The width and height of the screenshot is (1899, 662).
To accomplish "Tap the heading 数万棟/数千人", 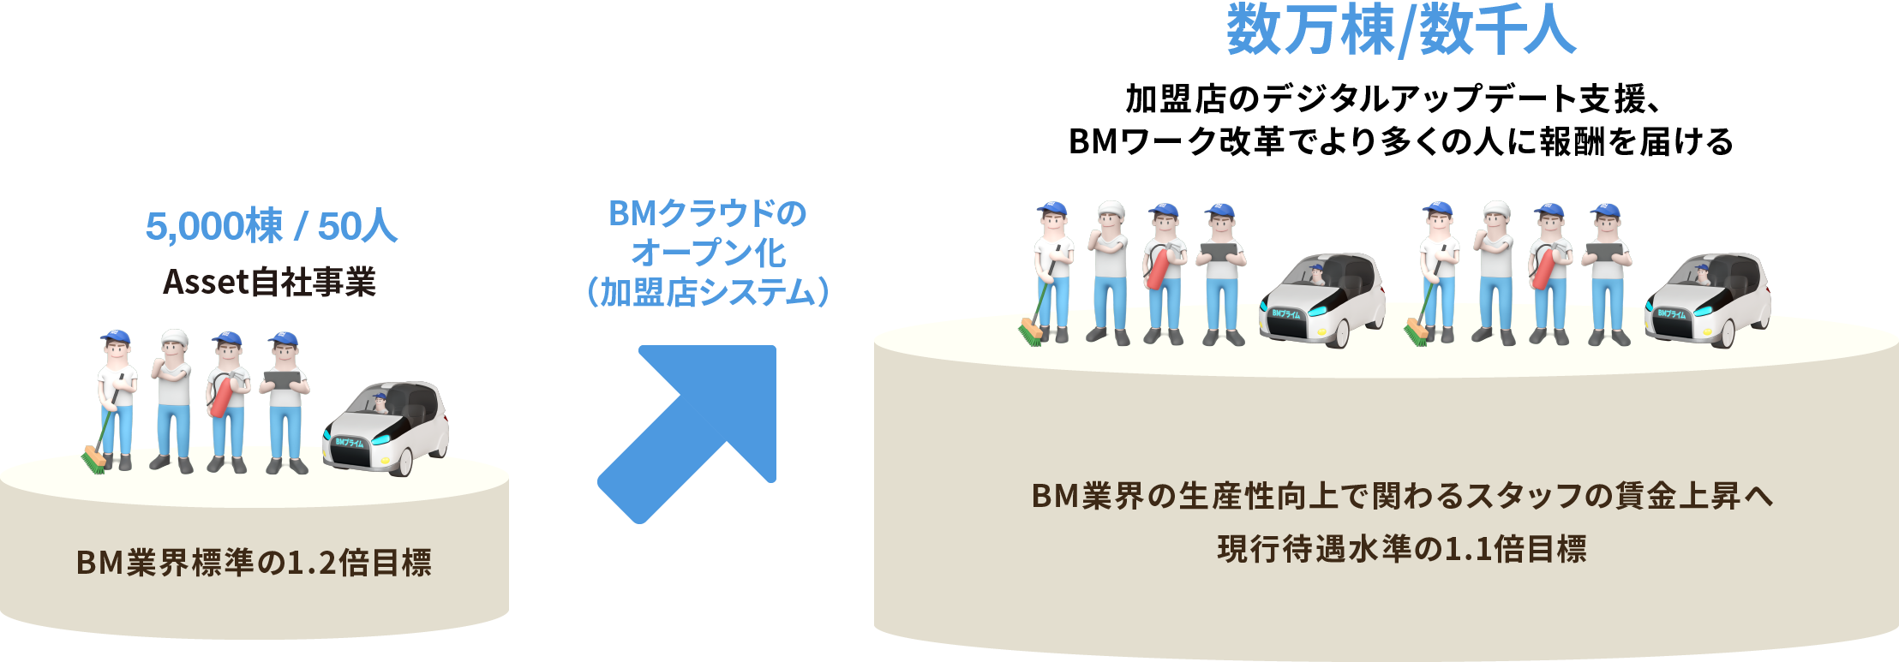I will pos(1401,31).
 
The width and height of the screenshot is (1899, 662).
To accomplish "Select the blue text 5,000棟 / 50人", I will pos(271,227).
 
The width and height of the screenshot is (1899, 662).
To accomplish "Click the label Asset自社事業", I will pos(269,282).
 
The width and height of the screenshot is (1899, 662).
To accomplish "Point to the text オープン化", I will pos(708,253).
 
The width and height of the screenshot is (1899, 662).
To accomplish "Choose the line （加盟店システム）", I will pos(708,292).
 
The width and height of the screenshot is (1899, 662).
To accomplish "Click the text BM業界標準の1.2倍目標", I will pos(254,563).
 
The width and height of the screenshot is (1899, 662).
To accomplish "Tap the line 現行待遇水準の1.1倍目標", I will pos(1401,549).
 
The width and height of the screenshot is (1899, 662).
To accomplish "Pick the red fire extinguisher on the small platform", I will pos(222,395).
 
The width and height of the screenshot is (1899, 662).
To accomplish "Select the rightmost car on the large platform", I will pos(1707,298).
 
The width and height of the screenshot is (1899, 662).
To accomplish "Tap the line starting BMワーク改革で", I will pos(1401,141).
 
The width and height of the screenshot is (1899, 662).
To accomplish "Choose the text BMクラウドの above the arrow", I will pos(708,213).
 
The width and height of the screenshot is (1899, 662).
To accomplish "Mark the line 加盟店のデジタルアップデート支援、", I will pos(1393,99).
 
